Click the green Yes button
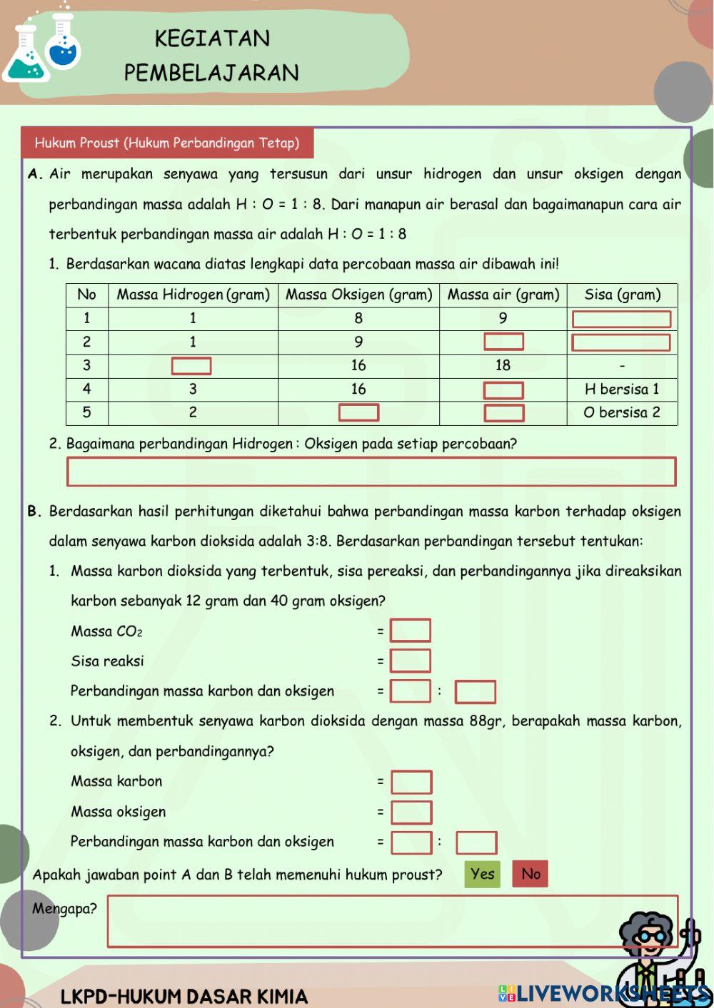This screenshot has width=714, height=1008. coord(482,874)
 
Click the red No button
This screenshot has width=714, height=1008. coord(530,874)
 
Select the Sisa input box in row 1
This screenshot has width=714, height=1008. coord(621,319)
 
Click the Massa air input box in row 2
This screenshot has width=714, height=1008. coord(503,342)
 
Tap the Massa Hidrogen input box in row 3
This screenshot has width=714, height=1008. coord(191,366)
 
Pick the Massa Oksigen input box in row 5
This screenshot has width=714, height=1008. coord(358,413)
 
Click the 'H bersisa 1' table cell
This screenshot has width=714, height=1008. coord(622,390)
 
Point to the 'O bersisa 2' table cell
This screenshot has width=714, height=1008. coord(622,413)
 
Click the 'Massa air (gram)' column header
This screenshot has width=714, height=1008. coord(503,295)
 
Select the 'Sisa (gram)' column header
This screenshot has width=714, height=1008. coord(622,295)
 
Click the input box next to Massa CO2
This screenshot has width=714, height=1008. coord(411,631)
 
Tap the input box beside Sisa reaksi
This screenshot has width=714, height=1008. coord(411,661)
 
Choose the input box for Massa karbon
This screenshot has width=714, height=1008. coord(411,783)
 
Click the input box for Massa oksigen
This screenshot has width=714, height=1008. coord(411,813)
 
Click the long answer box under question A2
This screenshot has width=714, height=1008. coord(371,472)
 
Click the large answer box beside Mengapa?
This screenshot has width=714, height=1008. coord(392,921)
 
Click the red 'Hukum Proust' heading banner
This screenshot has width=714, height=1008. coord(167,143)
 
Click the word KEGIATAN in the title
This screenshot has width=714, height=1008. coord(212,39)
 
